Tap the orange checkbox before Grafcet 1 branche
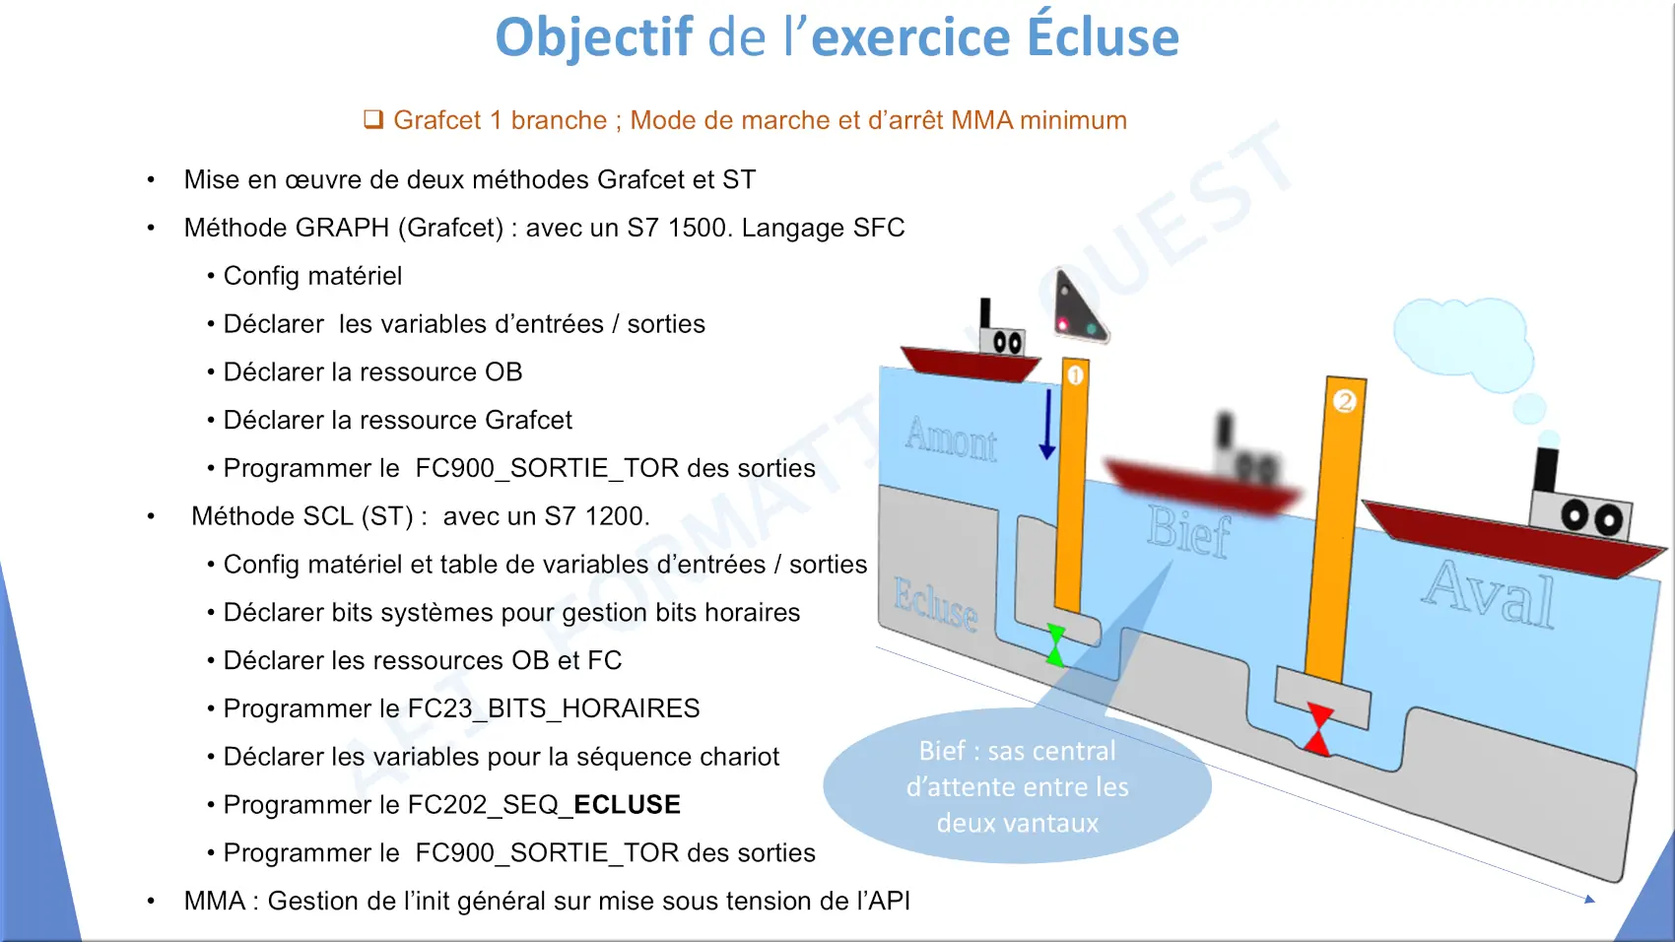pyautogui.click(x=373, y=119)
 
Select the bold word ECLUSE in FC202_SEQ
pyautogui.click(x=627, y=804)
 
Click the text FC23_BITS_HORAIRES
pyautogui.click(x=554, y=708)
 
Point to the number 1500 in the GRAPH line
pyautogui.click(x=699, y=228)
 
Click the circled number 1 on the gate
pyautogui.click(x=1075, y=375)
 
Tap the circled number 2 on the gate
pyautogui.click(x=1344, y=401)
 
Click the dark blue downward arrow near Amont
pyautogui.click(x=1047, y=424)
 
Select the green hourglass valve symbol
pyautogui.click(x=1055, y=645)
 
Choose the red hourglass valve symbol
pyautogui.click(x=1318, y=729)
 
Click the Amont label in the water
pyautogui.click(x=951, y=438)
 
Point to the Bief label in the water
pyautogui.click(x=1188, y=531)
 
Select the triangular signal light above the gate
pyautogui.click(x=1078, y=307)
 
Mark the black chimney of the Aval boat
pyautogui.click(x=1546, y=469)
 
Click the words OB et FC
pyautogui.click(x=567, y=660)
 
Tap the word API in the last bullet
pyautogui.click(x=889, y=901)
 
